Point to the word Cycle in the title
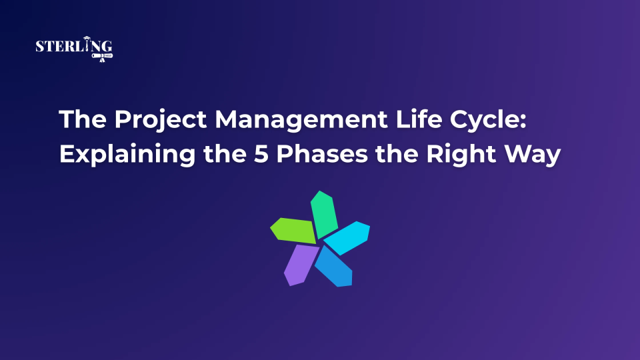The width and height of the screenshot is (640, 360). coord(445,121)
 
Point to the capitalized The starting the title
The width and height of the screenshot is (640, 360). coord(78,120)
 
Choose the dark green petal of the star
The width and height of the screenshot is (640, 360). coord(325,212)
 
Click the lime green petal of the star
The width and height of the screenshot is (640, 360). coord(293,230)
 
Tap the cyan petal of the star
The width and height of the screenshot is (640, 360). coord(347,237)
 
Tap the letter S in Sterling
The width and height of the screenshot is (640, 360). coord(39,47)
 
